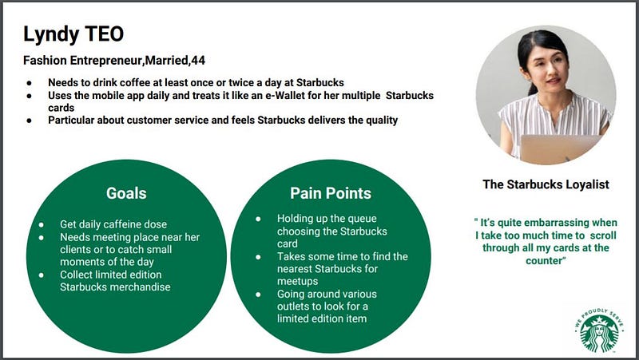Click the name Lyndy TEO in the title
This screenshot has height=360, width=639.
tap(73, 34)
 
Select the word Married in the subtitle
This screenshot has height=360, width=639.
tap(167, 61)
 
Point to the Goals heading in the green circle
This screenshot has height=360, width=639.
tap(126, 193)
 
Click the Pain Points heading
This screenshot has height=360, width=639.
tap(331, 193)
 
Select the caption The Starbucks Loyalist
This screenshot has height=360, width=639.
tap(546, 184)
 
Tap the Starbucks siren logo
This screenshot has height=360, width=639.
tap(599, 330)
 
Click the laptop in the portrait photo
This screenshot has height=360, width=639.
tap(560, 148)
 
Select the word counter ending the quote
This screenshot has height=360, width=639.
tap(543, 261)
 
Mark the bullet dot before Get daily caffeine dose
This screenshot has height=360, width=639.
tap(42, 224)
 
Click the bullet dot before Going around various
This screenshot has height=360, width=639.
tap(258, 294)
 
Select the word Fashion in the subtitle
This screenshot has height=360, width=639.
tap(45, 61)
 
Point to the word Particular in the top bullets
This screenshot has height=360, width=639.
tap(71, 121)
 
